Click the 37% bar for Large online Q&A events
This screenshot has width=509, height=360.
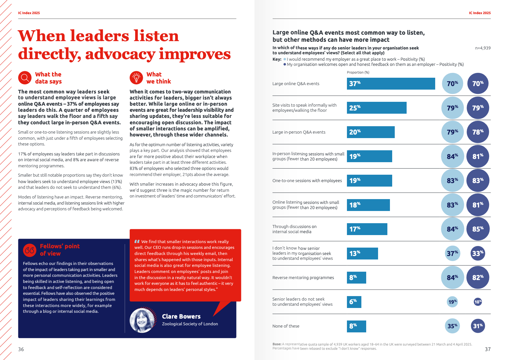click(391, 83)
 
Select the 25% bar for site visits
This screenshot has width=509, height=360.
click(376, 108)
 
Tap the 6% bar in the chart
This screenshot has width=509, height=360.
click(354, 302)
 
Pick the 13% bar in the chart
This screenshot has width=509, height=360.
click(362, 253)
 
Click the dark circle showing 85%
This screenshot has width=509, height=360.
click(478, 229)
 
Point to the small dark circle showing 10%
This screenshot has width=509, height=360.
click(478, 302)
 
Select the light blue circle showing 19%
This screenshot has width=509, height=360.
click(453, 302)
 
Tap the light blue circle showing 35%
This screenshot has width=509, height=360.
click(453, 326)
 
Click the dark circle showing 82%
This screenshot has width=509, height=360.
click(478, 277)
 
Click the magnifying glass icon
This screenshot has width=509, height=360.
click(25, 78)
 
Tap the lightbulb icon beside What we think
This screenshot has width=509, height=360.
click(136, 78)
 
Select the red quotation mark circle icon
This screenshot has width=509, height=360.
click(30, 250)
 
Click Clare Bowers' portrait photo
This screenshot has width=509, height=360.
click(142, 320)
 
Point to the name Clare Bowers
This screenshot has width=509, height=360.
click(181, 316)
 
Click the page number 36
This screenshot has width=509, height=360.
click(21, 349)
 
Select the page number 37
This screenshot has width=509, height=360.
click(487, 349)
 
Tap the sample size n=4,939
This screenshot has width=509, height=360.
click(483, 48)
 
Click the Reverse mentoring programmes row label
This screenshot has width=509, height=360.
click(303, 277)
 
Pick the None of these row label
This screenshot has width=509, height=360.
click(286, 326)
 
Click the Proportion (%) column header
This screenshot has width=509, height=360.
click(358, 72)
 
